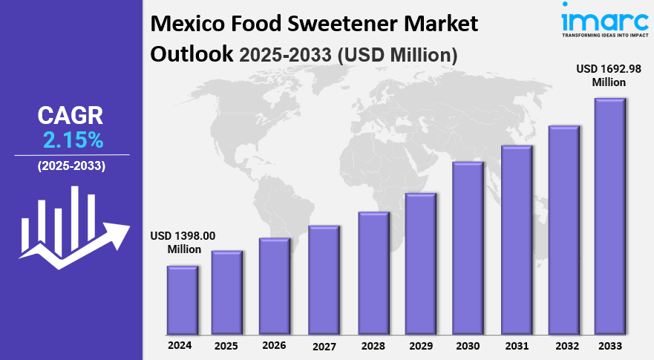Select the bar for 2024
(182, 300)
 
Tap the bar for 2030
(468, 248)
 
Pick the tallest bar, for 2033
(610, 216)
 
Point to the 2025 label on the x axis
(226, 346)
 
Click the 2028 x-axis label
(373, 346)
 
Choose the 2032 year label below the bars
(563, 346)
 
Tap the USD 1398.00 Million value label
(183, 243)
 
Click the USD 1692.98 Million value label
(609, 75)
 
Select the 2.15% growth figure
(73, 139)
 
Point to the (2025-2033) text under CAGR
(72, 166)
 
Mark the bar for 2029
(420, 264)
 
